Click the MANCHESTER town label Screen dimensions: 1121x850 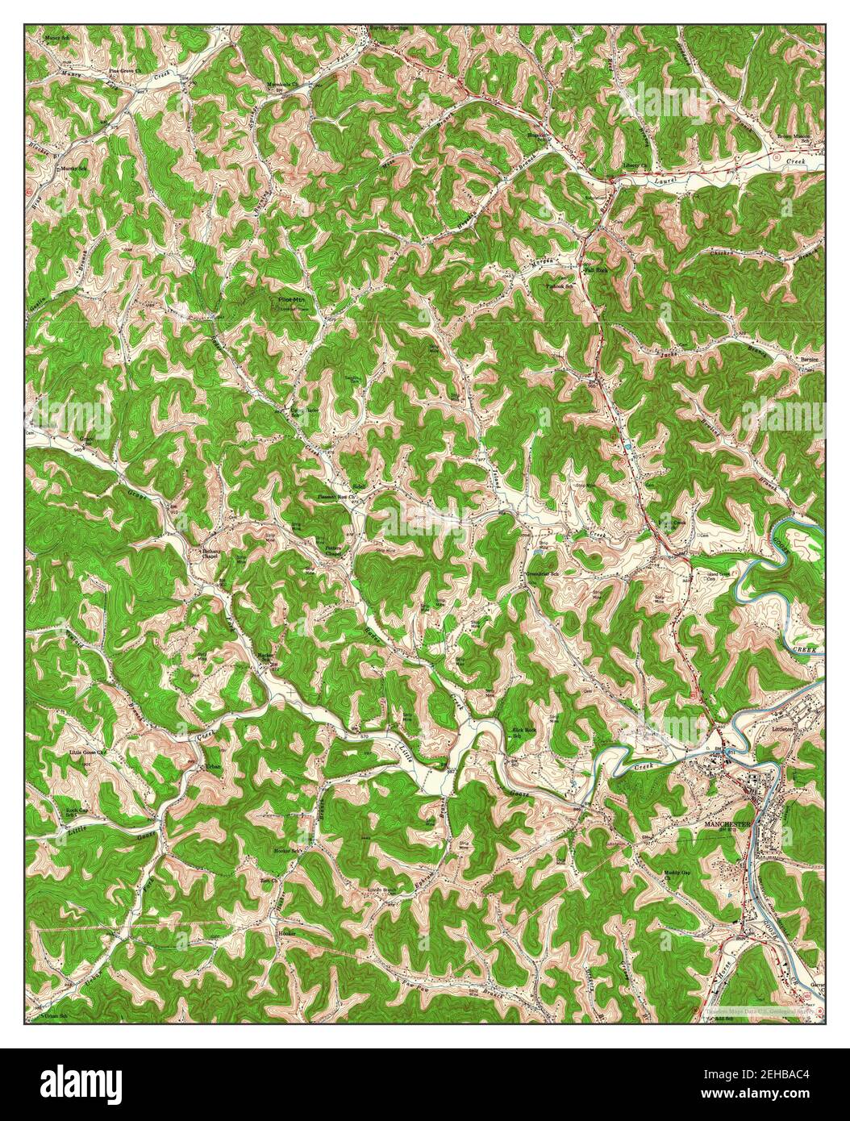coord(727,824)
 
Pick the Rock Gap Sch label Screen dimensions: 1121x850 coord(77,812)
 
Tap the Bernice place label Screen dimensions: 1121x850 coord(809,359)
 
